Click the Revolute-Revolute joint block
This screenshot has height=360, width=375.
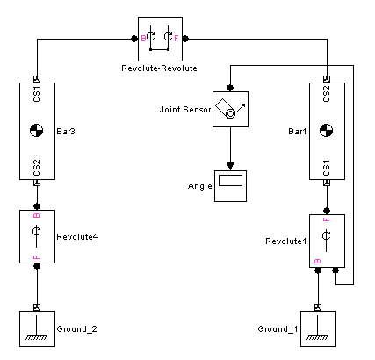(160, 39)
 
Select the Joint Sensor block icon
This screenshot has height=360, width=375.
(230, 109)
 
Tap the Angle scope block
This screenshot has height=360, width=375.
(230, 186)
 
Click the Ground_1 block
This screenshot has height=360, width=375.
(318, 328)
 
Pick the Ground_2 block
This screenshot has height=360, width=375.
(37, 328)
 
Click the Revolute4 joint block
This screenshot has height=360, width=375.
(37, 236)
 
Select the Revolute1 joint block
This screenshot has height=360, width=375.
(327, 241)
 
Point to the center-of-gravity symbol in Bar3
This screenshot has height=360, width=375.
(37, 131)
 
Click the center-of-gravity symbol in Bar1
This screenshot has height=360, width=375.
(326, 131)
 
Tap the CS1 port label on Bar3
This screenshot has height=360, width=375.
(37, 94)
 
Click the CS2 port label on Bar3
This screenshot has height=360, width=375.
(37, 168)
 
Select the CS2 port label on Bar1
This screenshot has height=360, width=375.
(327, 94)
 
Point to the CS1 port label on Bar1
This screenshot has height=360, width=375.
(327, 168)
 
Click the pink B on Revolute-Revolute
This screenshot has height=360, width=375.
(143, 39)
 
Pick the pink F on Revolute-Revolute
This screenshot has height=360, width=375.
(177, 39)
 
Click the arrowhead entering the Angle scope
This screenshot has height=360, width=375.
(230, 166)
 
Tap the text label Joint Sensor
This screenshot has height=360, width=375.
(185, 110)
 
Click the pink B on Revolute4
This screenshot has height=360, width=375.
(37, 216)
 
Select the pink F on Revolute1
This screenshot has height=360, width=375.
(327, 220)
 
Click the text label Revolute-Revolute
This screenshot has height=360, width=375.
(159, 68)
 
